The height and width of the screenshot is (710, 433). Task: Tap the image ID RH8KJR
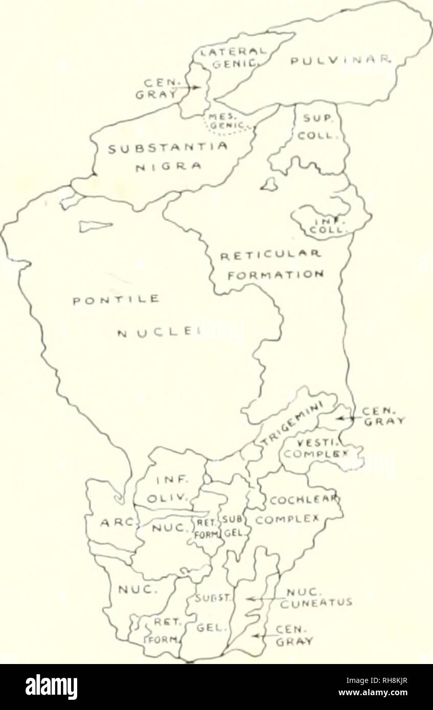pos(381,678)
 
